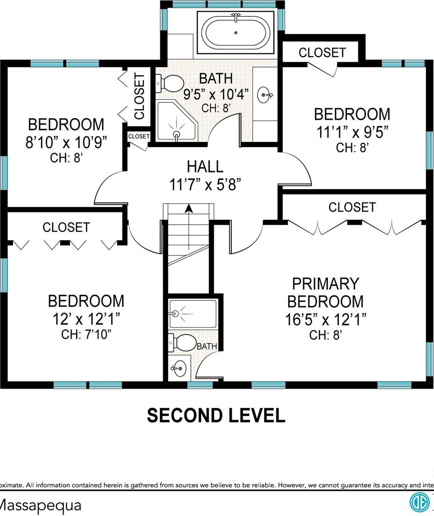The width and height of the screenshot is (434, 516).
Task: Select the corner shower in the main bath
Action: pyautogui.click(x=177, y=122)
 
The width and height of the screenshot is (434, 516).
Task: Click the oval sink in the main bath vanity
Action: pyautogui.click(x=265, y=95)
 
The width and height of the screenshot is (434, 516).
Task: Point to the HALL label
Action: pyautogui.click(x=205, y=166)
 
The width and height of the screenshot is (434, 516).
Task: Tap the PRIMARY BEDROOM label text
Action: pyautogui.click(x=325, y=292)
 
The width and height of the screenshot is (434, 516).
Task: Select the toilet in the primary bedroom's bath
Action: pyautogui.click(x=182, y=343)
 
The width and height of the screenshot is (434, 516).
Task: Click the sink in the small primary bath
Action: pyautogui.click(x=179, y=368)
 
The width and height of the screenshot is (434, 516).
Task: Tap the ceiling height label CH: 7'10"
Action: pyautogui.click(x=86, y=334)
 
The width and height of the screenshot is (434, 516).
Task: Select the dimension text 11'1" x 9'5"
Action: pyautogui.click(x=352, y=132)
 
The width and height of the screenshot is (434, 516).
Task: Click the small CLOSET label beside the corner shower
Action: pyautogui.click(x=139, y=136)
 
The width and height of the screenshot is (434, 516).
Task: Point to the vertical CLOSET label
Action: pyautogui.click(x=139, y=96)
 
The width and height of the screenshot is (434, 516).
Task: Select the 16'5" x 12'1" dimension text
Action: pyautogui.click(x=326, y=320)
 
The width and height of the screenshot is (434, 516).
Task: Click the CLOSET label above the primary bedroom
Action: pyautogui.click(x=352, y=207)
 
